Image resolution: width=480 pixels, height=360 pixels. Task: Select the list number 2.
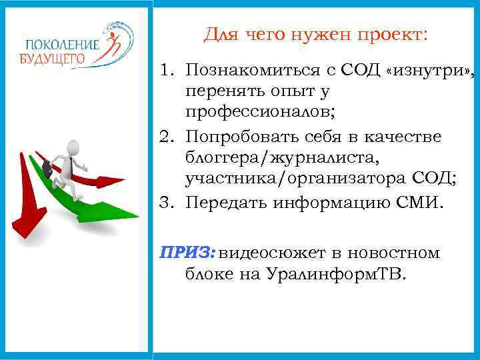(x=167, y=137)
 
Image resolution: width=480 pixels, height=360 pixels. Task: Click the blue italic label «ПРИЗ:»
(x=188, y=253)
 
